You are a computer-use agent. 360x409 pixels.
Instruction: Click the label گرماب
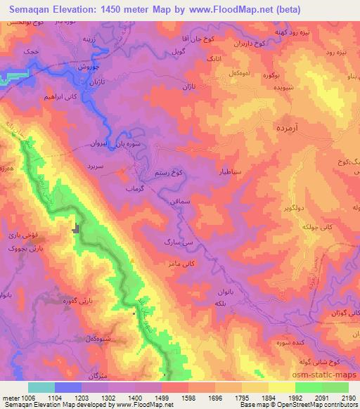pyautogui.click(x=134, y=190)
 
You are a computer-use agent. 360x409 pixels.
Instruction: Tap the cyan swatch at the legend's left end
pyautogui.click(x=41, y=387)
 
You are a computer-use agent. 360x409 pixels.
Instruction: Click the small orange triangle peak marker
pyautogui.click(x=133, y=261)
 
